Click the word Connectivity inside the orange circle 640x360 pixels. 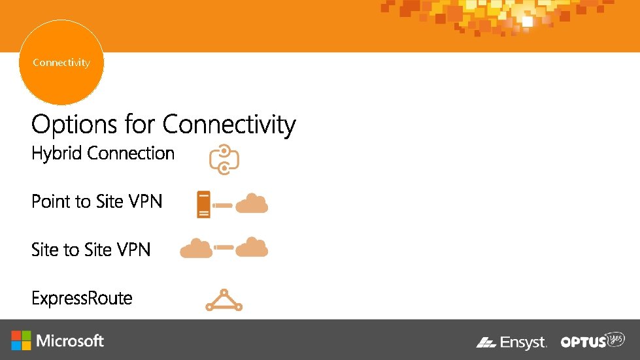point(61,63)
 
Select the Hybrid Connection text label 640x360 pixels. point(103,154)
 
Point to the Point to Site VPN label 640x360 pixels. point(96,201)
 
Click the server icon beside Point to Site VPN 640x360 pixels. point(203,205)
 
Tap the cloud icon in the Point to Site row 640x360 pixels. point(252,205)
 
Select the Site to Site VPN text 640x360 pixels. point(91,250)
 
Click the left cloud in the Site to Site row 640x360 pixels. point(195,248)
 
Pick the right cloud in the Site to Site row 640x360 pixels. point(252,248)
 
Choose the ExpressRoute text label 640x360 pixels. point(82,299)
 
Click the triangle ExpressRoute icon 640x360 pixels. point(224,300)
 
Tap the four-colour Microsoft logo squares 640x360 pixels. point(21,340)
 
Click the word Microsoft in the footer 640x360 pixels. point(70,341)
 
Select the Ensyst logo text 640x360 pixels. point(522,342)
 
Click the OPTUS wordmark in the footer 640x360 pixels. point(583,342)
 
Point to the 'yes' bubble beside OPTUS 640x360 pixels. point(615,339)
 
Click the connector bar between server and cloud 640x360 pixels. point(223,205)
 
